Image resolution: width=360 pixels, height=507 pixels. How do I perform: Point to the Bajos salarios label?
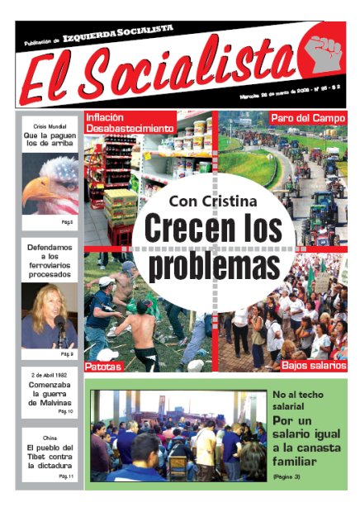point(313,364)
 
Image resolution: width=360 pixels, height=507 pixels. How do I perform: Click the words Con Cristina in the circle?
point(213,201)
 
